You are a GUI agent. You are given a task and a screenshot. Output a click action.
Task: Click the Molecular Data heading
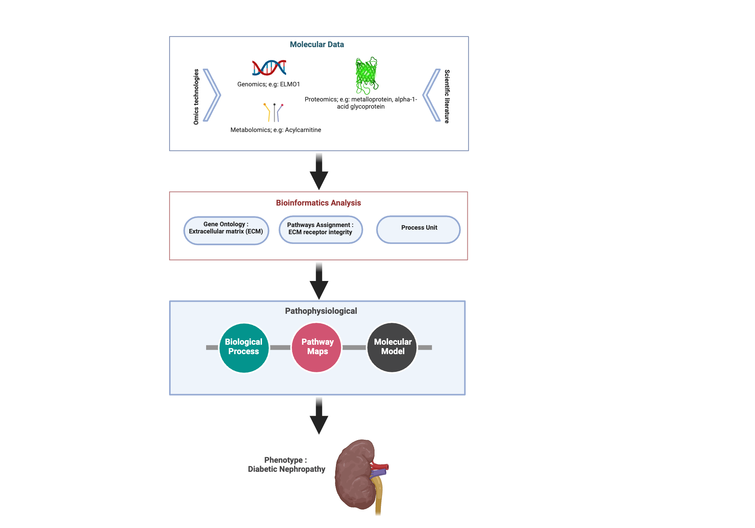317,45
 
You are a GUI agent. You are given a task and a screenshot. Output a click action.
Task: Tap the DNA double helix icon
269,68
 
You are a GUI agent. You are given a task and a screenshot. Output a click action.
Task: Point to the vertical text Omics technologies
196,97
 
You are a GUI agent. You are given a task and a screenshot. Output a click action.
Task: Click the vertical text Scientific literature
447,97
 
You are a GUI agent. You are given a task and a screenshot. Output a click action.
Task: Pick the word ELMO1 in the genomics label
290,84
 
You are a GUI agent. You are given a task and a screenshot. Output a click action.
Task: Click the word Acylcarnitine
303,130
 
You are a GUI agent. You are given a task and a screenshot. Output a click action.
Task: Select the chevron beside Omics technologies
212,95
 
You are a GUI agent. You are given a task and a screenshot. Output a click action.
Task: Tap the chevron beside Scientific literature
431,95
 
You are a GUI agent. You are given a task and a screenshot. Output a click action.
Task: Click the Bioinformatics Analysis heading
318,203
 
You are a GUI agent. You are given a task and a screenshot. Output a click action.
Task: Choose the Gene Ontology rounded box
226,230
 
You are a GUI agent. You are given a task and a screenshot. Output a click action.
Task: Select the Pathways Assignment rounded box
320,230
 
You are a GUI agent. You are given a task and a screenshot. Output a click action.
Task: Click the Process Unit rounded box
418,230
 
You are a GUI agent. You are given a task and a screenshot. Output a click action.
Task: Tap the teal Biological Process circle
244,348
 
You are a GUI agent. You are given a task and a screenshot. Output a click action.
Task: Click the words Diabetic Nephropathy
287,469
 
